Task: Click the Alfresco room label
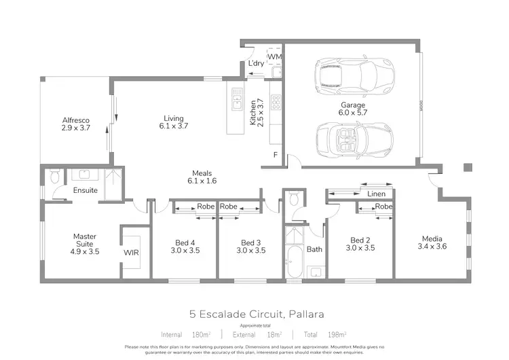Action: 76,124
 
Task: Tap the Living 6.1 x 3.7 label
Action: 173,121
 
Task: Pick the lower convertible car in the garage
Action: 353,139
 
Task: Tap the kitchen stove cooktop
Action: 276,103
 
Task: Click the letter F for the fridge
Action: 275,155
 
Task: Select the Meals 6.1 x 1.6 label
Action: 203,177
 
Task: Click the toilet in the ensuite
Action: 56,178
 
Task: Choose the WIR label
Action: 131,252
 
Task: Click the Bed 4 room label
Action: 184,246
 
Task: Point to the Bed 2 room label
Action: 360,244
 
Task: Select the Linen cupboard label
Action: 376,194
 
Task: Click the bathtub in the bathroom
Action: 295,263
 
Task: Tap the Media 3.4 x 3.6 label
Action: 432,242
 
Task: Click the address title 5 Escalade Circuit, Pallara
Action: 256,314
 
